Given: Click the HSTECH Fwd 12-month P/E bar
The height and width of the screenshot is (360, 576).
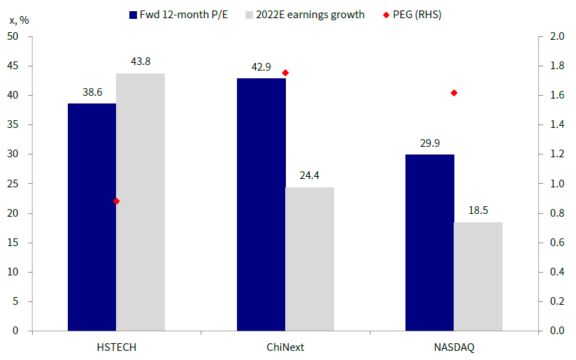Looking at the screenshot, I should pos(92,217).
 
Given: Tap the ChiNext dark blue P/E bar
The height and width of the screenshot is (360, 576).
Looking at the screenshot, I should pos(261,204).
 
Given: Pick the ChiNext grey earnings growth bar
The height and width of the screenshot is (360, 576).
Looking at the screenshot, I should pos(310,259).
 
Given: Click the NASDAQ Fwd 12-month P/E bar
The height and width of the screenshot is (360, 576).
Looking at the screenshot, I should pos(430,242).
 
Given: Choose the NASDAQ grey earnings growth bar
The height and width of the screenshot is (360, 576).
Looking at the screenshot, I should pos(478,276).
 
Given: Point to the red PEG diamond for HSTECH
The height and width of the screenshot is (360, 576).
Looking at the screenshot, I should pos(116,201).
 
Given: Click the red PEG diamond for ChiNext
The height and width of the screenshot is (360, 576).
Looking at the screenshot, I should pos(285,73).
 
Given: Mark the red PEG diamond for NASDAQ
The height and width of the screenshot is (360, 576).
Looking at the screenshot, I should pos(454,93).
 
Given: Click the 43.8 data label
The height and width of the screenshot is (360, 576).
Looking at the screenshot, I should pos(141,62).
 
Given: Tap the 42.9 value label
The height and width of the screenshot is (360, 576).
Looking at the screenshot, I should pos(261,67).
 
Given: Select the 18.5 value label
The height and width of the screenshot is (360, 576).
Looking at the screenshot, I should pos(478,210).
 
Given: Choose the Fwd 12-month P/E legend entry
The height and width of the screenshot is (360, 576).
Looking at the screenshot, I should pos(185,14).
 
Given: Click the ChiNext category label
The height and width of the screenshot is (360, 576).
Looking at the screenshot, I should pos(285,347).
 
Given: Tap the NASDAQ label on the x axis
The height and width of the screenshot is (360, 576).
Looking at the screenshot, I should pos(454,347).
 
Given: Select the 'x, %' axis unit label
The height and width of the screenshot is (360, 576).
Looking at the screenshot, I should pos(19,20).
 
